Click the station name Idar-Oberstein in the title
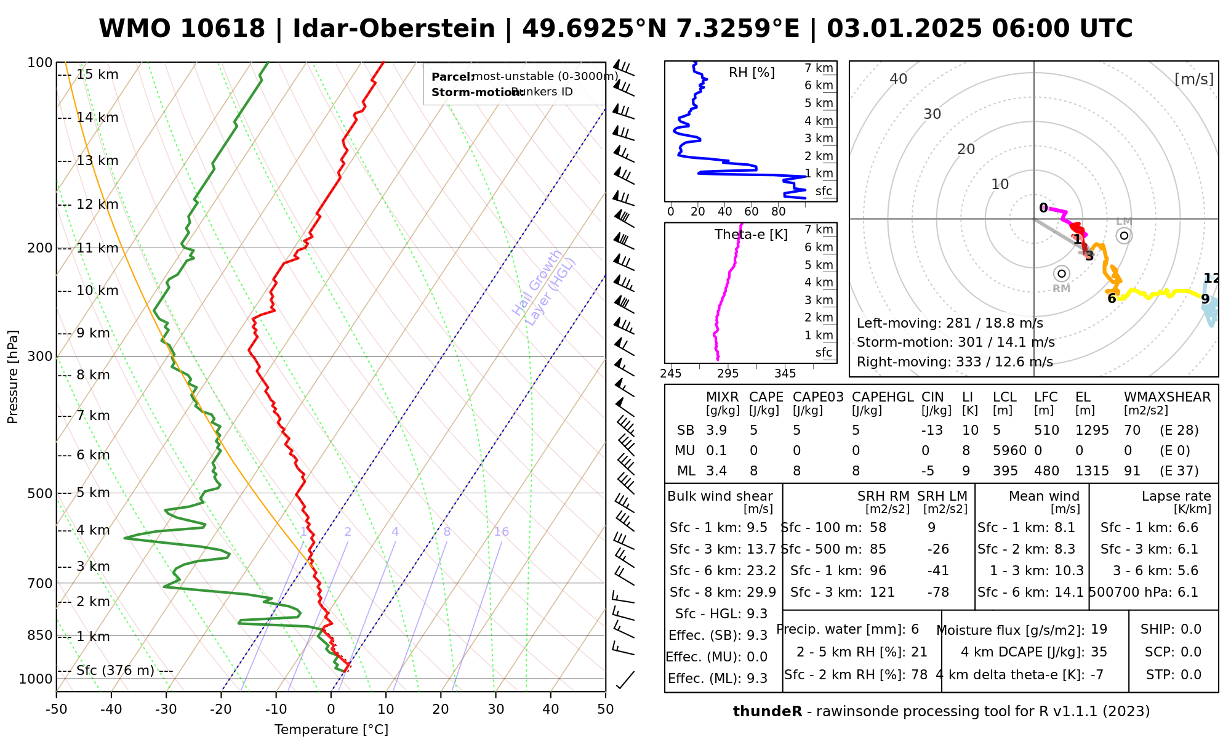pyautogui.click(x=393, y=29)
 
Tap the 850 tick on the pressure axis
pyautogui.click(x=40, y=636)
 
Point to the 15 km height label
pyautogui.click(x=97, y=75)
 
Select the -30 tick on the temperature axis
pyautogui.click(x=166, y=709)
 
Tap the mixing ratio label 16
pyautogui.click(x=501, y=532)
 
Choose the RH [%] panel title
pyautogui.click(x=752, y=73)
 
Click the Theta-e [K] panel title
pyautogui.click(x=751, y=235)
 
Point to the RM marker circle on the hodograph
pyautogui.click(x=1061, y=273)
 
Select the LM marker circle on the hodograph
pyautogui.click(x=1124, y=235)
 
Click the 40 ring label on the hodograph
pyautogui.click(x=899, y=79)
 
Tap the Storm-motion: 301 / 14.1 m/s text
pyautogui.click(x=955, y=342)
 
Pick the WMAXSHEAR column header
pyautogui.click(x=1167, y=397)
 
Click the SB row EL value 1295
pyautogui.click(x=1092, y=430)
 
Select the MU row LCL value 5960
pyautogui.click(x=1009, y=451)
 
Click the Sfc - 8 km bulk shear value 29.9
pyautogui.click(x=761, y=592)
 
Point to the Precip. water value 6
pyautogui.click(x=915, y=629)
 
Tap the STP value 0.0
pyautogui.click(x=1191, y=675)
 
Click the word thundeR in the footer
pyautogui.click(x=767, y=712)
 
